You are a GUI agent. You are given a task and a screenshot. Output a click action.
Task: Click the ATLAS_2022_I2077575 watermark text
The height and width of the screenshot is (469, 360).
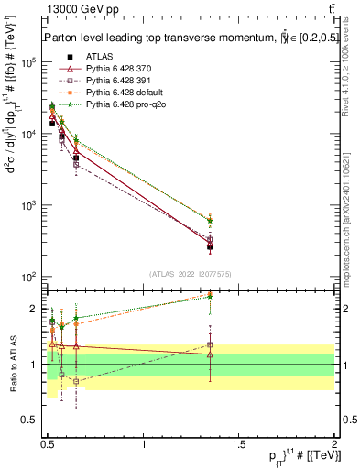189,274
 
